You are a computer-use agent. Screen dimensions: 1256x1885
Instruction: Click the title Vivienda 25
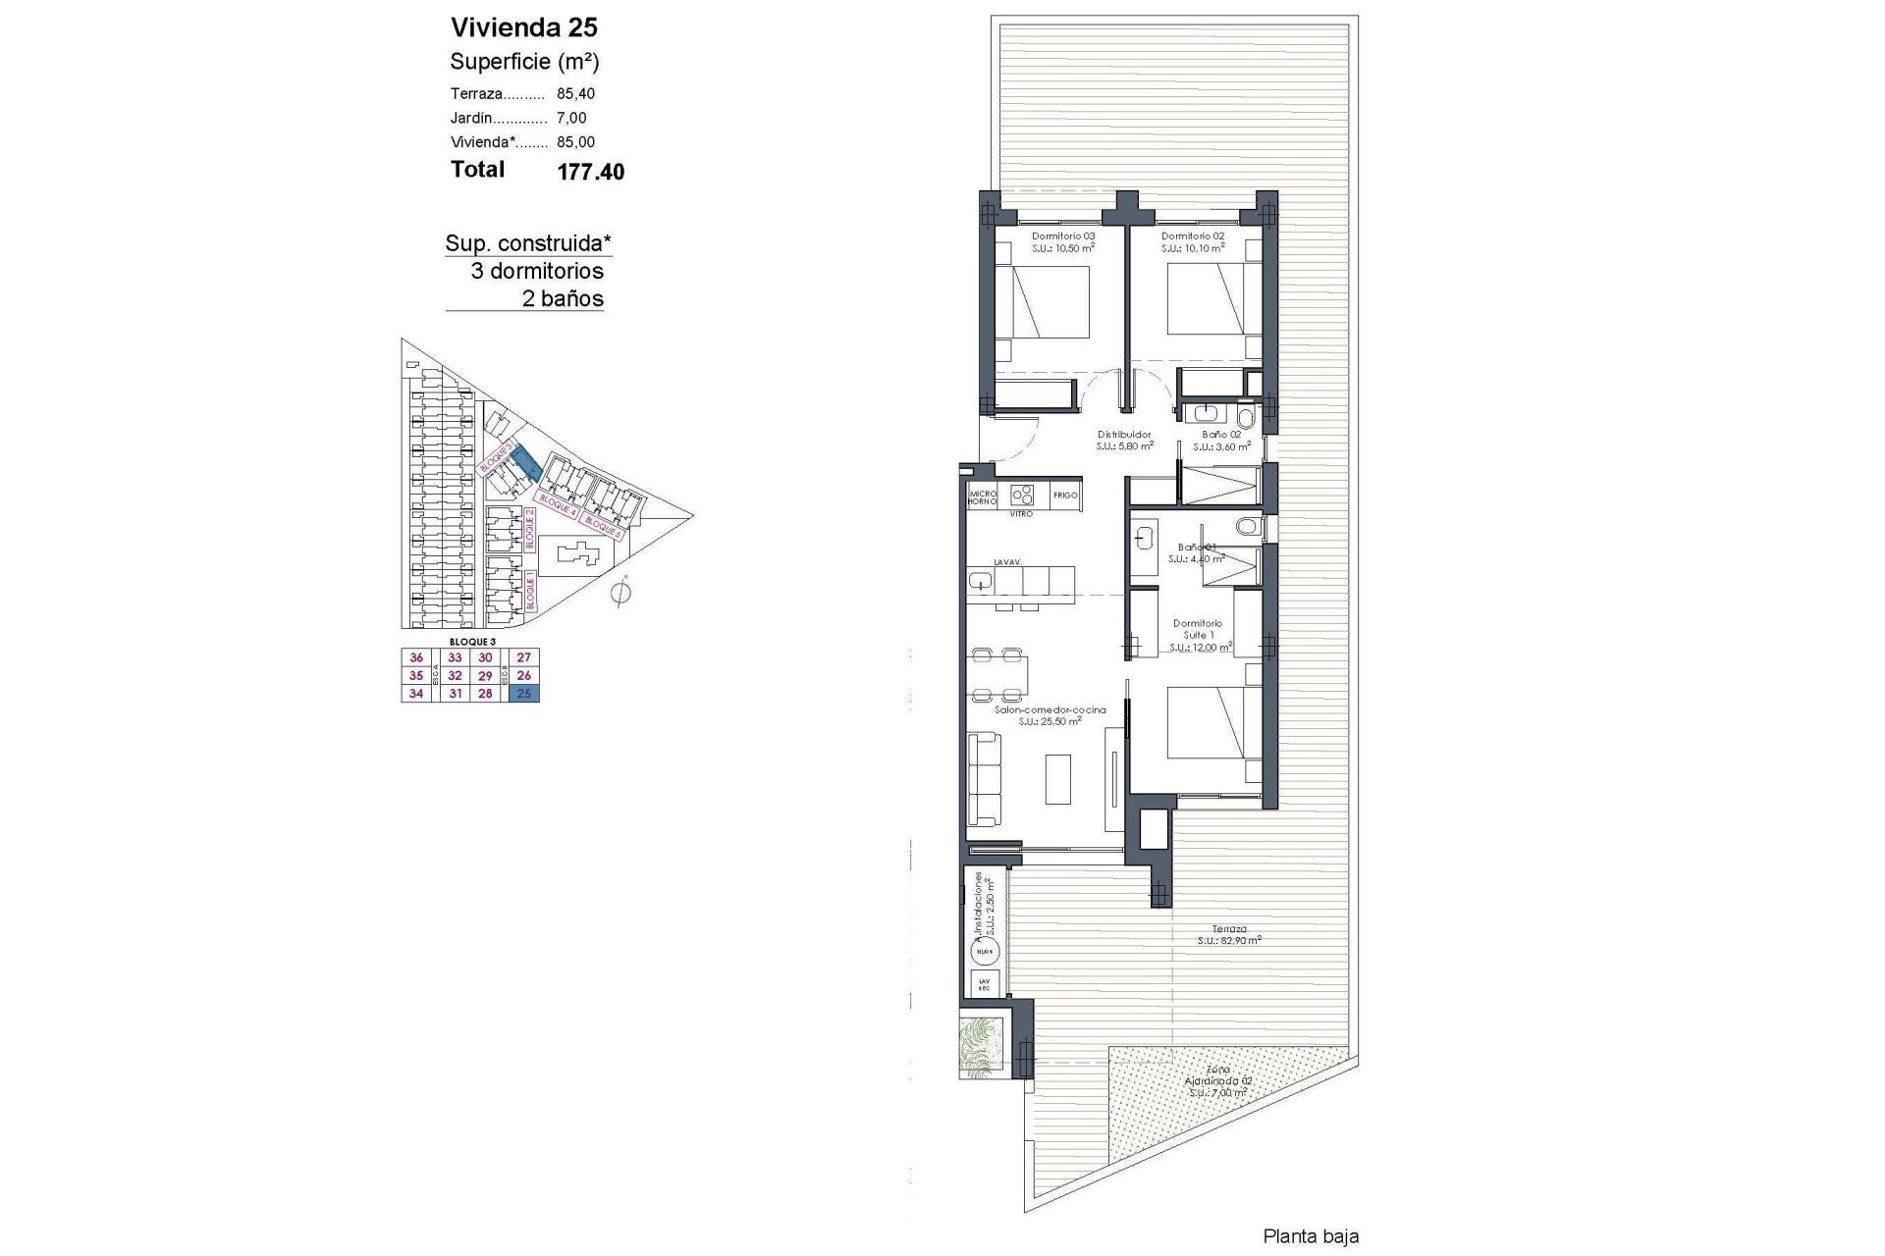[523, 27]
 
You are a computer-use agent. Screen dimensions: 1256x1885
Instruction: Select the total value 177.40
[590, 173]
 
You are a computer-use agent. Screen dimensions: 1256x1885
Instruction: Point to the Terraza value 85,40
[575, 94]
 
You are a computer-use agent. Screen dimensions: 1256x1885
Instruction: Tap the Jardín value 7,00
[571, 118]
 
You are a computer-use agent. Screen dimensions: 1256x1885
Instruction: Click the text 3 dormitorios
[537, 271]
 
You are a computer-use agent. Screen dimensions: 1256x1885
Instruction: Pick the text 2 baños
[563, 299]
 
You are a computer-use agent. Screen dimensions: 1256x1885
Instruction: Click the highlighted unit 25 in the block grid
[523, 694]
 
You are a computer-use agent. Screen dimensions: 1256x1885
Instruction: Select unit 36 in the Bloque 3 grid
[416, 657]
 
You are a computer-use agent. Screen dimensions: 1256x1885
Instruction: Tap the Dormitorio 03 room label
[1062, 236]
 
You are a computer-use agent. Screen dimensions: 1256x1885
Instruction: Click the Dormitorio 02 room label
[1192, 236]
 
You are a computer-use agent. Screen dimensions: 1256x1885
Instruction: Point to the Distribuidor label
[1124, 434]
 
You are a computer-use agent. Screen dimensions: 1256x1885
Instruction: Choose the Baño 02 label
[1221, 434]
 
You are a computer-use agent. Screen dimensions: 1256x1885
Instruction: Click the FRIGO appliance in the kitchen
[1065, 496]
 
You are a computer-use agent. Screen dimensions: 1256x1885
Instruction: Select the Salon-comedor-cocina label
[1050, 709]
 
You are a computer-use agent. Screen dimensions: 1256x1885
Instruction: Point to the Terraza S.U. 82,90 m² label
[1228, 934]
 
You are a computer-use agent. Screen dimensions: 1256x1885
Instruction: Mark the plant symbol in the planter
[982, 1048]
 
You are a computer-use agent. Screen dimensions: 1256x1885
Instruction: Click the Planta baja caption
[1311, 1237]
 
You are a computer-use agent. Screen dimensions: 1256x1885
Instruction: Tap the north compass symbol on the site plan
[619, 593]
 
